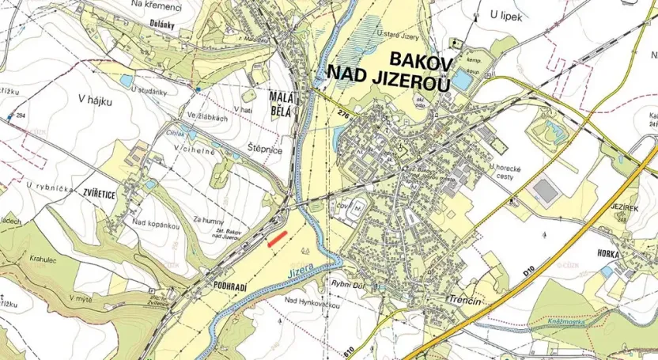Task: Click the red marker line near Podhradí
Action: click(x=277, y=240)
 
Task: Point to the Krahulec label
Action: click(x=48, y=259)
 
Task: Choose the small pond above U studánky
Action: click(x=127, y=81)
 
